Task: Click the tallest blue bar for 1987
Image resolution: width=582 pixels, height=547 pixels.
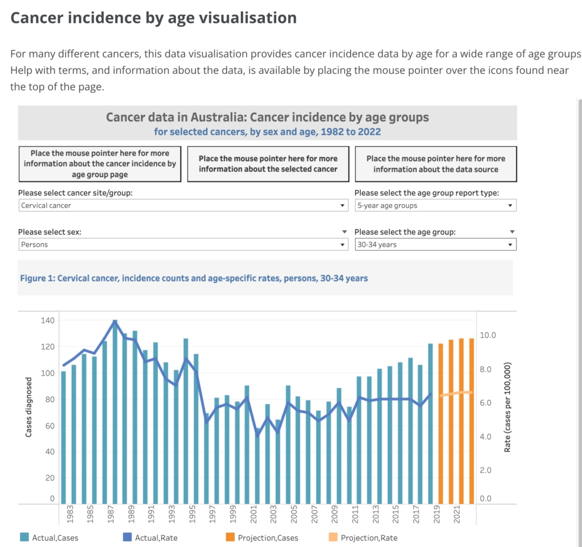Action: click(x=115, y=412)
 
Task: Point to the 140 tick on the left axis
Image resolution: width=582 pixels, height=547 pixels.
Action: click(x=48, y=321)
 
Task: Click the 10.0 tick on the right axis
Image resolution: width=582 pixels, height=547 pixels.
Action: click(x=489, y=335)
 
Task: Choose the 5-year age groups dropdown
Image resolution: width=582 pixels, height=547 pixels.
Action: click(x=435, y=205)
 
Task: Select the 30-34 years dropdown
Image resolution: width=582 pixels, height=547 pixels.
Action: click(x=435, y=245)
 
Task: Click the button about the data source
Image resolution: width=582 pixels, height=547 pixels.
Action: click(x=435, y=164)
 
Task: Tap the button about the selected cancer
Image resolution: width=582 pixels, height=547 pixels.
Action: click(x=268, y=164)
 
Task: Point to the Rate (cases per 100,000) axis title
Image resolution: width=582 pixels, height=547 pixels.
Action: click(x=508, y=408)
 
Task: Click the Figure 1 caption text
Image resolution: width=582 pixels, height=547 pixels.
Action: click(x=194, y=279)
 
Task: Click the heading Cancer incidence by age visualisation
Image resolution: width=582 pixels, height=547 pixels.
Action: click(x=153, y=18)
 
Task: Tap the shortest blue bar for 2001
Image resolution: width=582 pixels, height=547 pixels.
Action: click(x=257, y=466)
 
